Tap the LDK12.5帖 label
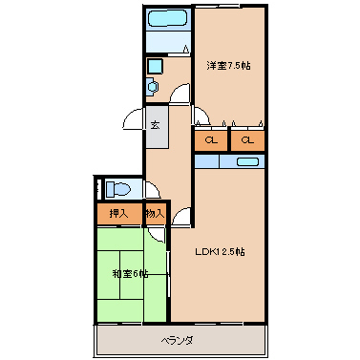(x=221, y=252)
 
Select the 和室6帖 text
(x=129, y=275)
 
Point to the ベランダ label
(x=178, y=340)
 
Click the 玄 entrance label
(x=155, y=124)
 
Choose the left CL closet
(x=210, y=140)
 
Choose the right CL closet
(x=247, y=140)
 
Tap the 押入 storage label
(x=117, y=214)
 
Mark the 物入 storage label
(x=155, y=214)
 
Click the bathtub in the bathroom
(x=169, y=19)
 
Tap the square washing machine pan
(x=155, y=66)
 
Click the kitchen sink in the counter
(x=240, y=161)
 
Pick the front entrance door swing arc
(x=134, y=126)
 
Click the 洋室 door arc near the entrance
(x=200, y=117)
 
